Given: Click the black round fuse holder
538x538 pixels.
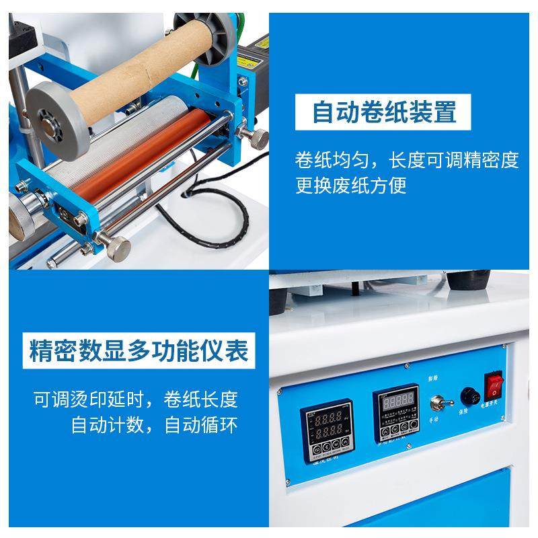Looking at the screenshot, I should pyautogui.click(x=466, y=397).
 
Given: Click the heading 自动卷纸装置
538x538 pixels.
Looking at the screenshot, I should pyautogui.click(x=384, y=112).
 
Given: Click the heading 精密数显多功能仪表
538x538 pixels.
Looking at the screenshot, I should pyautogui.click(x=139, y=350).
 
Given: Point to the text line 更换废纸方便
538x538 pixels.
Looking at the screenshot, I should pyautogui.click(x=351, y=185).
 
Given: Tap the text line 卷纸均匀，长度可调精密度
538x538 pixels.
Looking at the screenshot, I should pyautogui.click(x=407, y=160).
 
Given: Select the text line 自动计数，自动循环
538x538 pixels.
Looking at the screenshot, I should pyautogui.click(x=155, y=425).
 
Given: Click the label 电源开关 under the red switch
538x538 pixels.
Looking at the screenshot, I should pyautogui.click(x=494, y=408).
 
